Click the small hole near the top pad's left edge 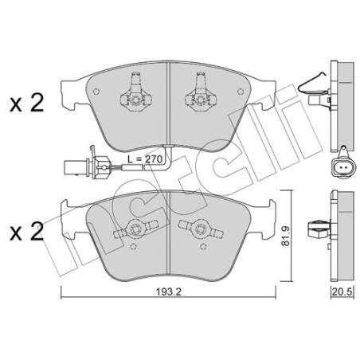click(96, 92)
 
